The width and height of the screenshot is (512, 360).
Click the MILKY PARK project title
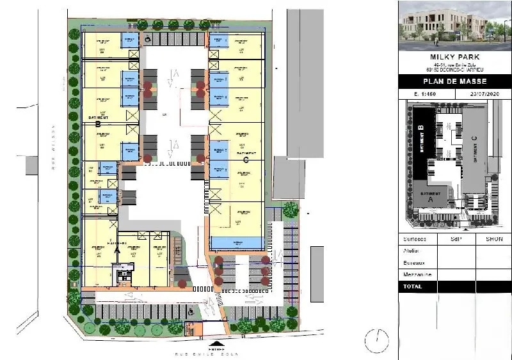(454, 58)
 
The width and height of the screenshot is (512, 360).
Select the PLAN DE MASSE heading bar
(454, 82)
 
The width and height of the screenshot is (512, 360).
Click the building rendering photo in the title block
(454, 26)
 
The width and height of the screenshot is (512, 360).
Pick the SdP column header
(456, 239)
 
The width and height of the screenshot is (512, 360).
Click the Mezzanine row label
(417, 274)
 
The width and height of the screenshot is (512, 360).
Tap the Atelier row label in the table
(412, 251)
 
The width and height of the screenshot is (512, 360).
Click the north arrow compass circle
(377, 340)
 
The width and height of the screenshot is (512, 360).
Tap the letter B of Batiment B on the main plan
(99, 123)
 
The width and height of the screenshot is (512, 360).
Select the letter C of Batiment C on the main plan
(246, 160)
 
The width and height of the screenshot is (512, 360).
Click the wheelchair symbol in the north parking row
(147, 39)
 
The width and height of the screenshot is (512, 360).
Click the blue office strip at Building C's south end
(237, 244)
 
